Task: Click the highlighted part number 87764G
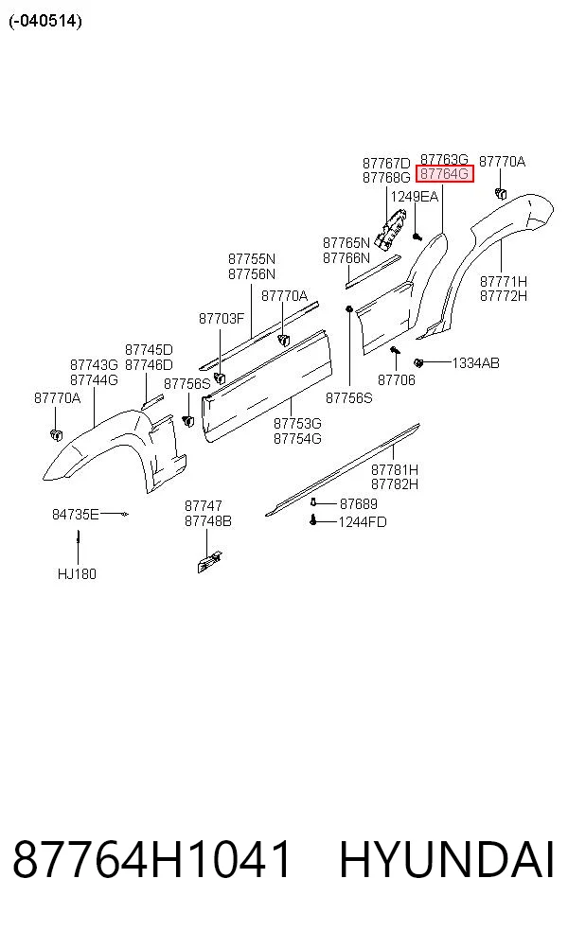(x=444, y=174)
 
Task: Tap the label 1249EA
(x=414, y=197)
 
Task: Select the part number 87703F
(x=221, y=319)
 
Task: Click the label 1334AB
(x=476, y=362)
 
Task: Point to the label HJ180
(x=77, y=574)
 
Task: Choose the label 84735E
(x=76, y=514)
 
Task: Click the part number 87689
(x=358, y=504)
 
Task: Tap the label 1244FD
(x=363, y=522)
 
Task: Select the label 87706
(x=397, y=380)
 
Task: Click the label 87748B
(x=208, y=521)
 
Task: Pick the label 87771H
(x=504, y=281)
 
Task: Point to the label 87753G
(x=297, y=424)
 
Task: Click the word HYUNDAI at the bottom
(x=447, y=860)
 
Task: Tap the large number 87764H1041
(x=152, y=860)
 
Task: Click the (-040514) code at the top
(x=45, y=22)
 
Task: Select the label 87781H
(x=395, y=469)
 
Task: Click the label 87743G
(x=94, y=364)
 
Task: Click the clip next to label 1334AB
(x=418, y=362)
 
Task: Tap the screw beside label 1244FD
(x=313, y=521)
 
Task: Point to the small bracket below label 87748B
(x=210, y=562)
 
